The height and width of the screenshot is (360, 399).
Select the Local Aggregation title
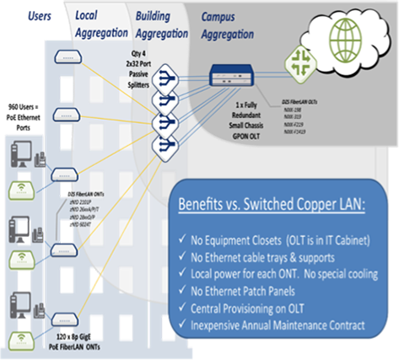click(101, 24)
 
